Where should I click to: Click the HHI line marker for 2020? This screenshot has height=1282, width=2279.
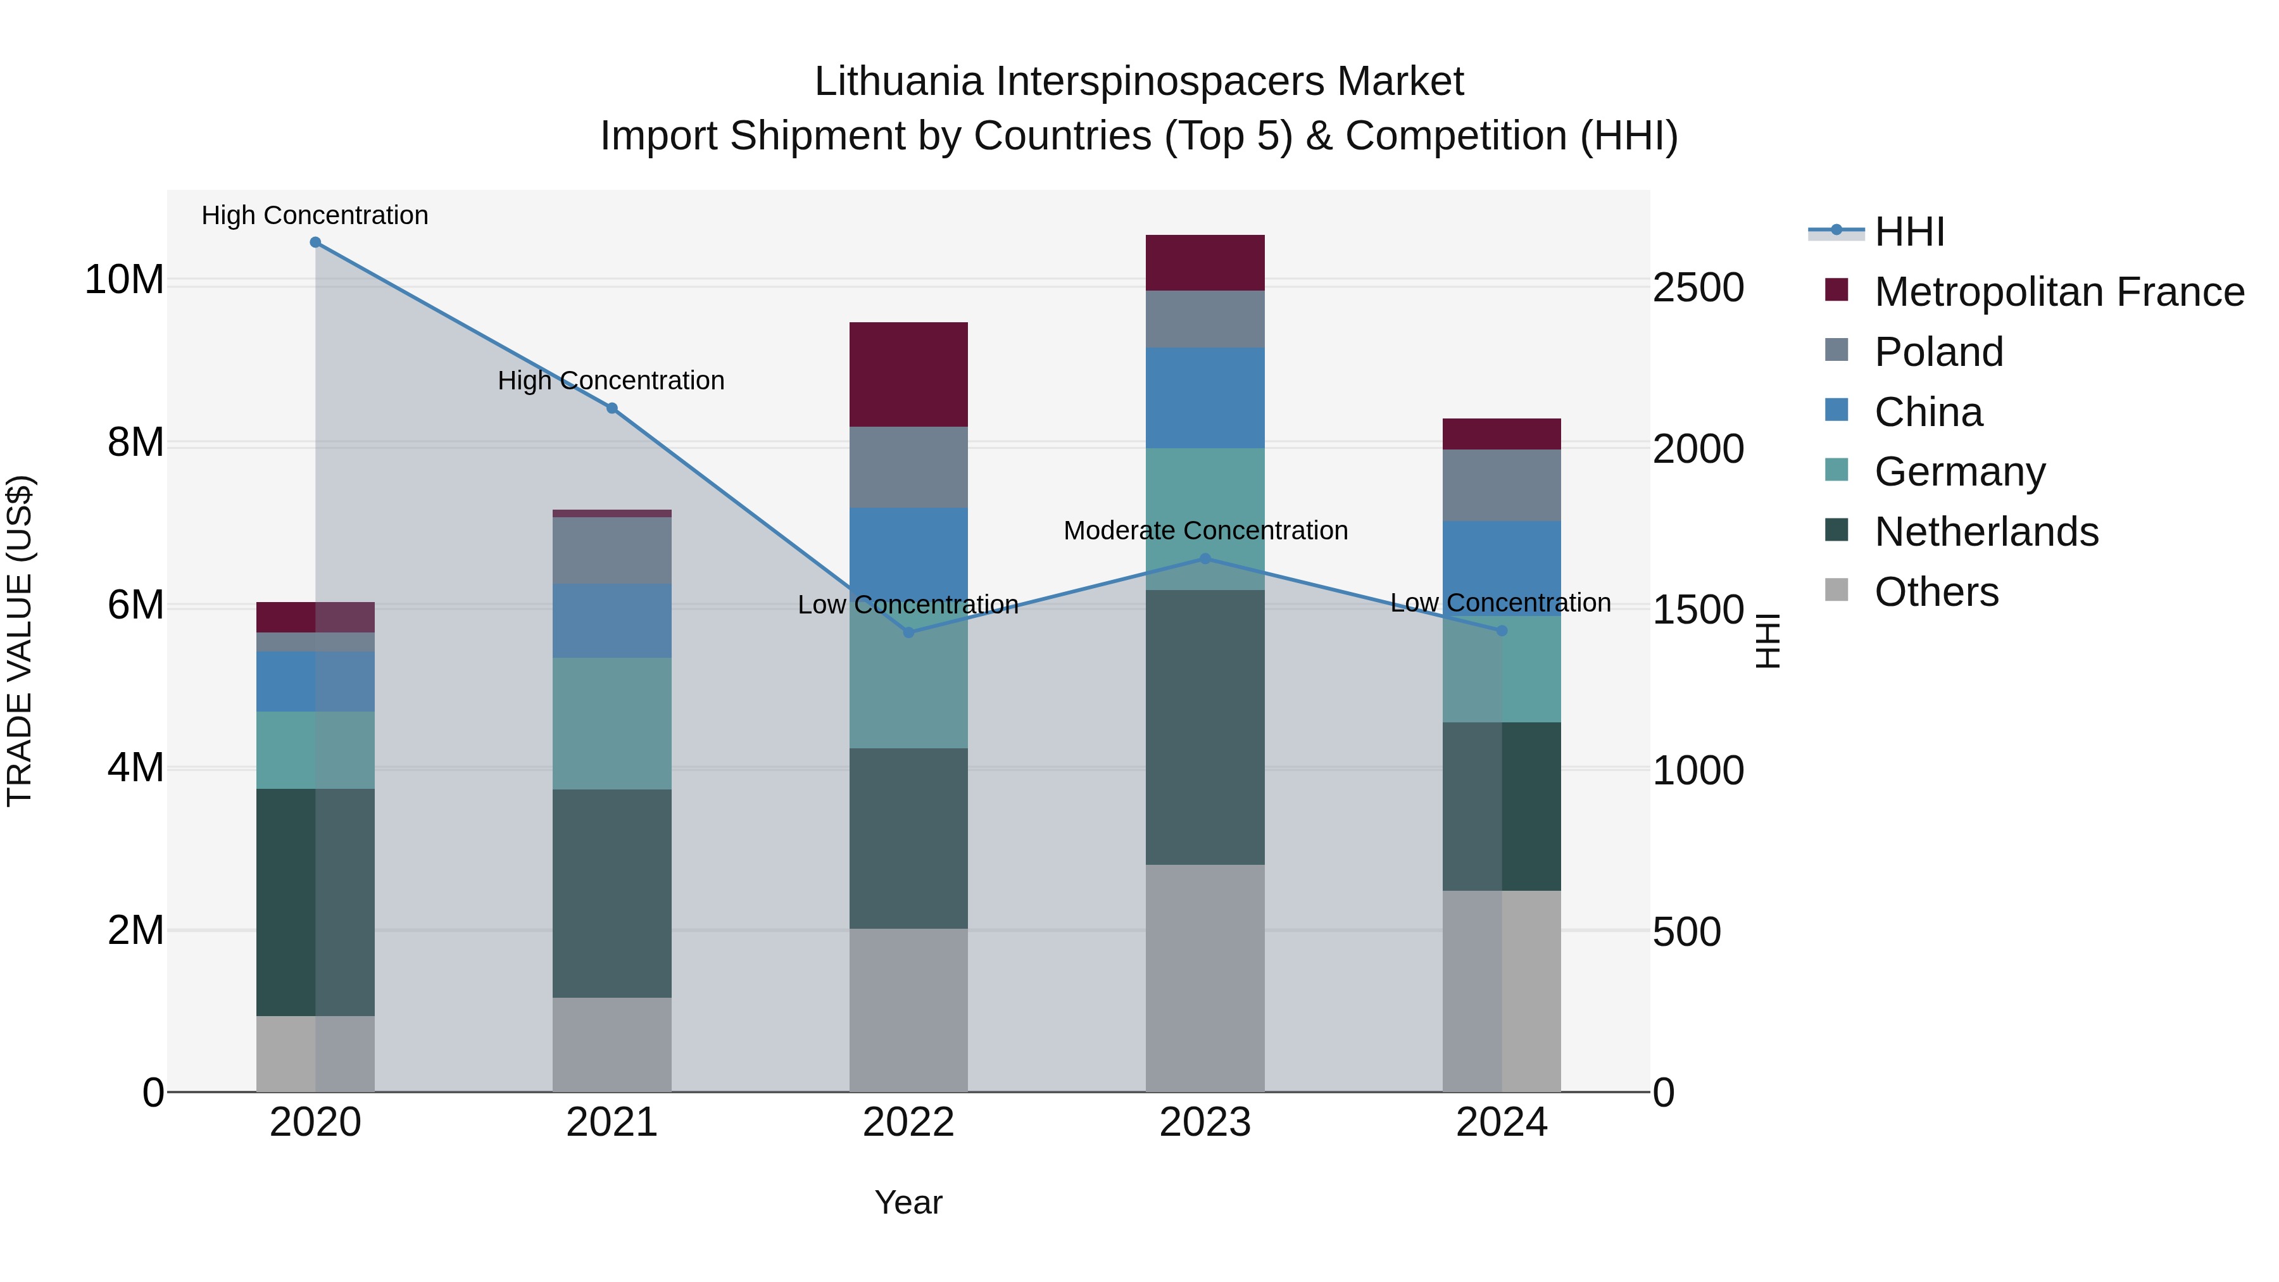click(315, 242)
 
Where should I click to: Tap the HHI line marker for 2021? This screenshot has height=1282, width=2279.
click(612, 408)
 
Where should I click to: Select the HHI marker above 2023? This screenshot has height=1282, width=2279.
click(1204, 558)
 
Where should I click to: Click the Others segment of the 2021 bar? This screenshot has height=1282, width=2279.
click(612, 1044)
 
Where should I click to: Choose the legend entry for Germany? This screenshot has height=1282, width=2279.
click(1959, 472)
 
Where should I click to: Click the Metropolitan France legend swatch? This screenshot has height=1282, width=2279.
click(1836, 290)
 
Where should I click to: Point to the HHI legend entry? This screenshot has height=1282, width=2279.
click(1908, 232)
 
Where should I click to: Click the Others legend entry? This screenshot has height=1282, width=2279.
click(1936, 591)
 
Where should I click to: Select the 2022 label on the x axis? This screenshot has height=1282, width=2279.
click(908, 1122)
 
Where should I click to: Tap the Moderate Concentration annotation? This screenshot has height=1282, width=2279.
click(1205, 531)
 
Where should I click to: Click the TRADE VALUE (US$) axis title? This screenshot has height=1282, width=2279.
click(20, 641)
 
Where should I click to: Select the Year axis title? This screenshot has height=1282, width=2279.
click(908, 1202)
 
